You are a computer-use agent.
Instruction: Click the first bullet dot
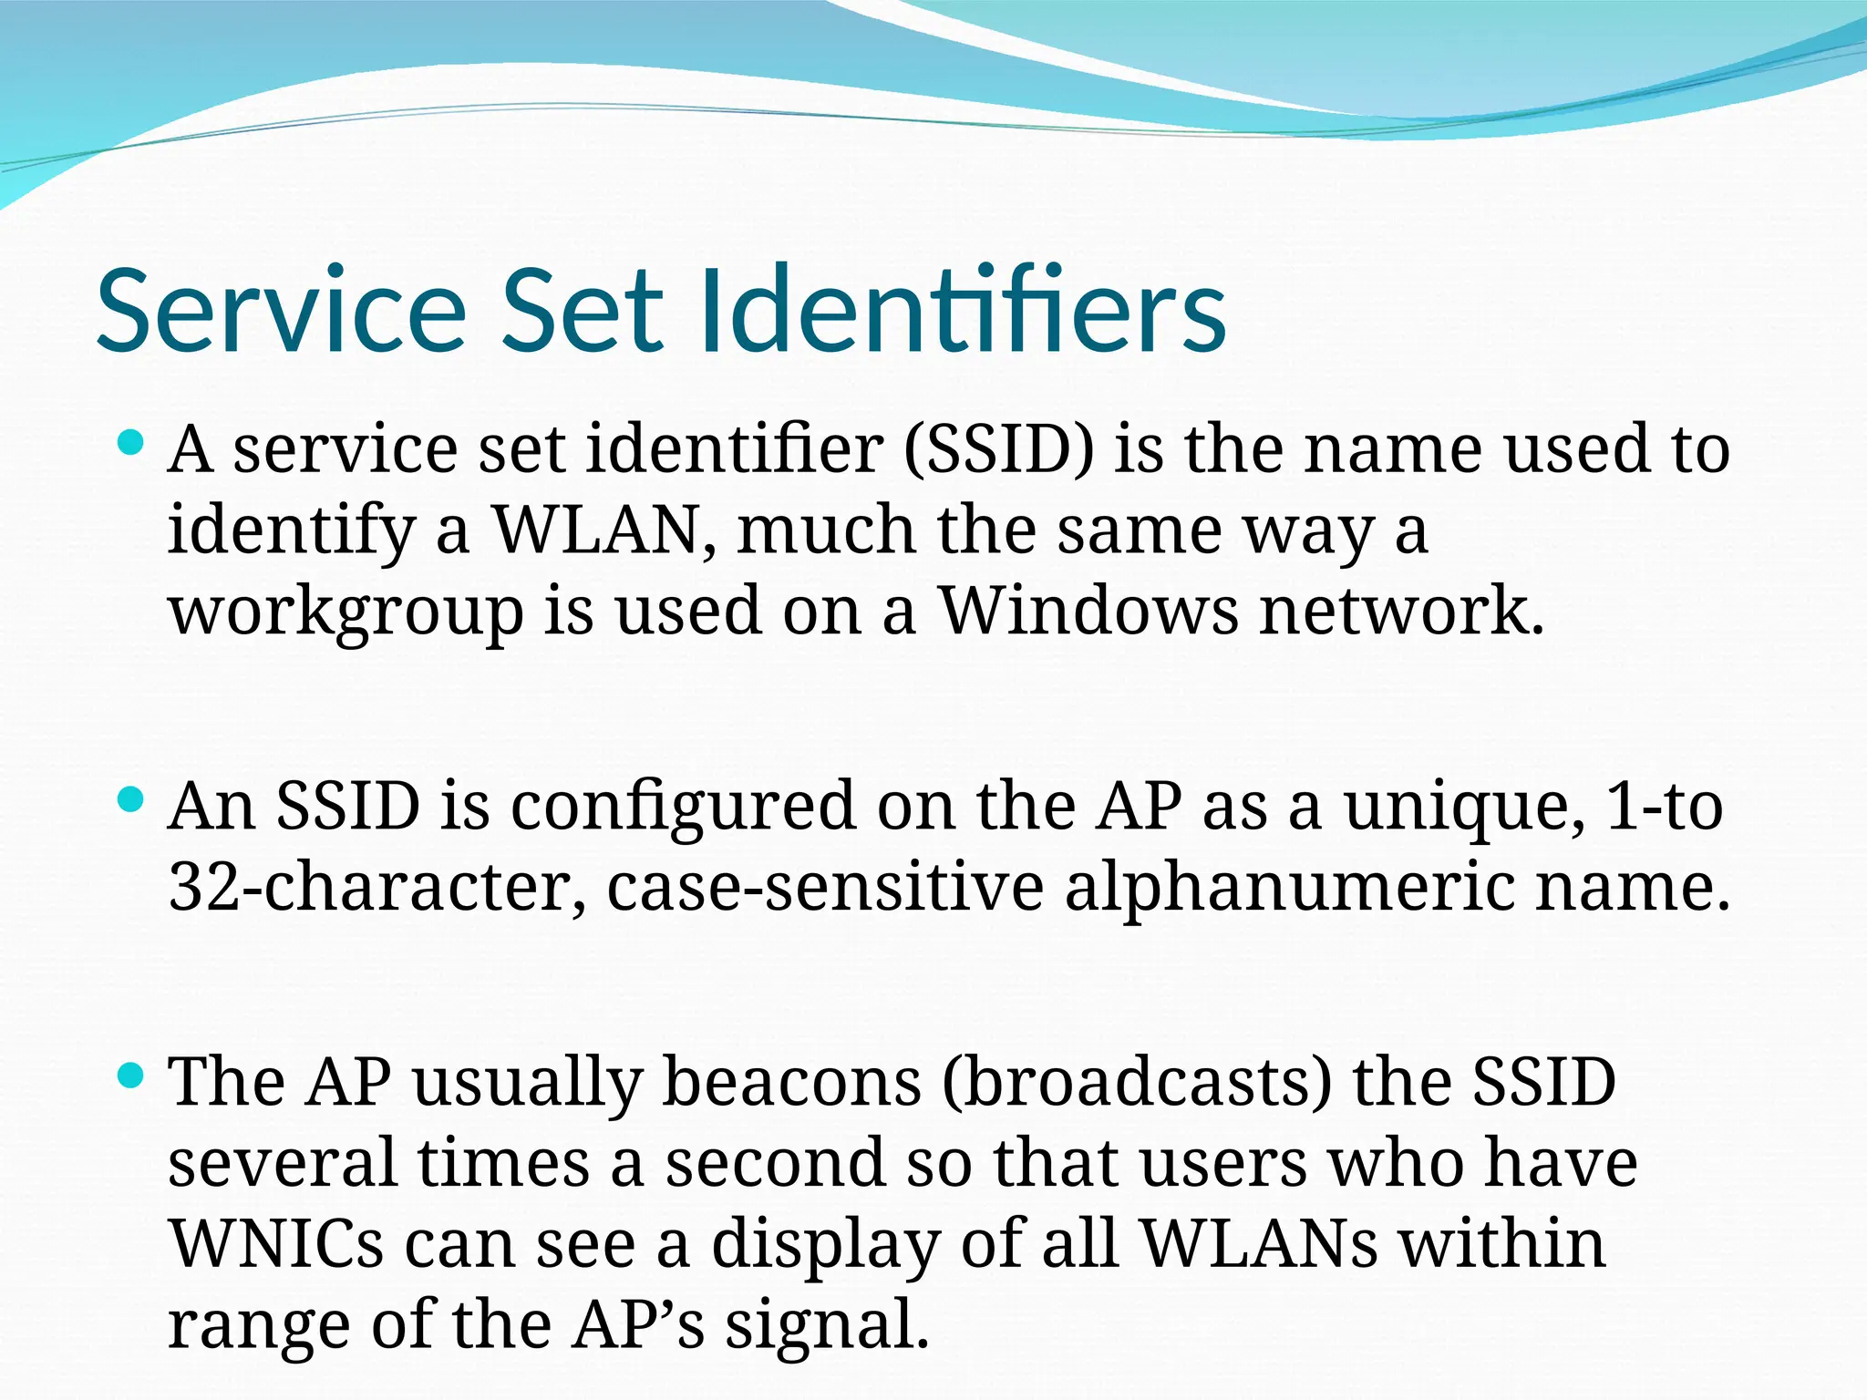pyautogui.click(x=132, y=444)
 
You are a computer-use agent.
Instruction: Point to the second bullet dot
pyautogui.click(x=132, y=800)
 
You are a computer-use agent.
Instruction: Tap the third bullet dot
pyautogui.click(x=132, y=1076)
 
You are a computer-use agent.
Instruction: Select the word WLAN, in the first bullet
pyautogui.click(x=604, y=530)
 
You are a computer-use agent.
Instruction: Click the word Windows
pyautogui.click(x=1088, y=610)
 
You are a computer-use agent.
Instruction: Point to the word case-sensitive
pyautogui.click(x=825, y=886)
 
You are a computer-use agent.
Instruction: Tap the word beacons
pyautogui.click(x=791, y=1082)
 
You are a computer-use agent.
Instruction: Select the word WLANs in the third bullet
pyautogui.click(x=1259, y=1244)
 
